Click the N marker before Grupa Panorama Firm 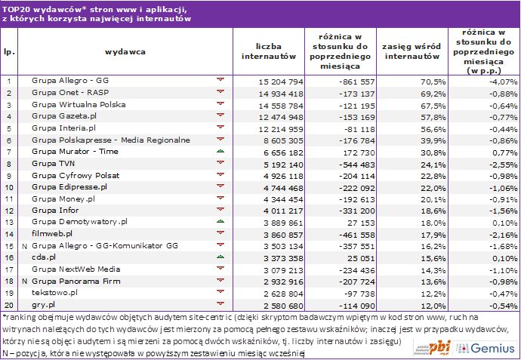click(x=24, y=282)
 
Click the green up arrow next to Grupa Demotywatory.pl click(x=220, y=222)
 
